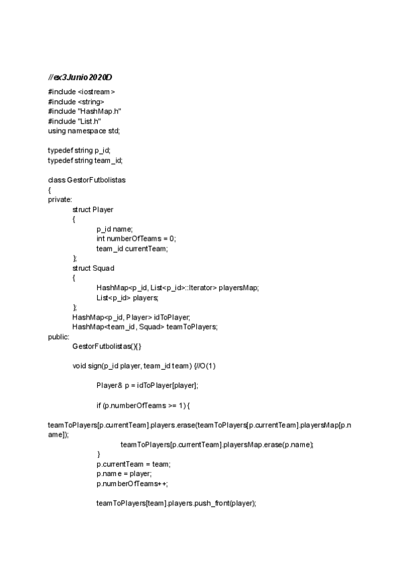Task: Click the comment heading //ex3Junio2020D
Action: (80, 78)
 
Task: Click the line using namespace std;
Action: (84, 130)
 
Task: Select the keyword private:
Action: (60, 199)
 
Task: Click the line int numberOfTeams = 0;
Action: (136, 239)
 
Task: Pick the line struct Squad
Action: (93, 268)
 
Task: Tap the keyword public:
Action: (58, 336)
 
